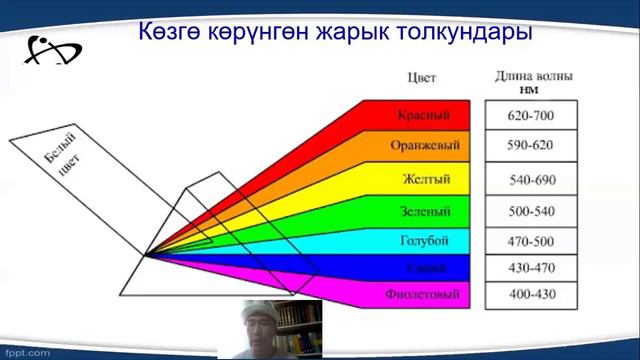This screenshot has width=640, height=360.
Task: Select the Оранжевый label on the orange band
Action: click(425, 146)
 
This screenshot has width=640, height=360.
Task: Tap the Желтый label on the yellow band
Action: click(427, 180)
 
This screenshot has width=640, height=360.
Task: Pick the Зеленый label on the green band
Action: click(425, 212)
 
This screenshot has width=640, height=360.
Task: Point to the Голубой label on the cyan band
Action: click(425, 241)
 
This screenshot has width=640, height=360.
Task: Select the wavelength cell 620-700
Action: click(530, 116)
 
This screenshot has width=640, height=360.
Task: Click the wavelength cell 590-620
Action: click(530, 146)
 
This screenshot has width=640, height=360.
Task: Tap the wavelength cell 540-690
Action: click(530, 180)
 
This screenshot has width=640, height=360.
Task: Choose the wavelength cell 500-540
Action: click(530, 212)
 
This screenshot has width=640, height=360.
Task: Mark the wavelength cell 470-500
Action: click(530, 241)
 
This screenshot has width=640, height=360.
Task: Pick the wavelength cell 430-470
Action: click(530, 268)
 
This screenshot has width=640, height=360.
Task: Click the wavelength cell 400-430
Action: click(530, 295)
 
